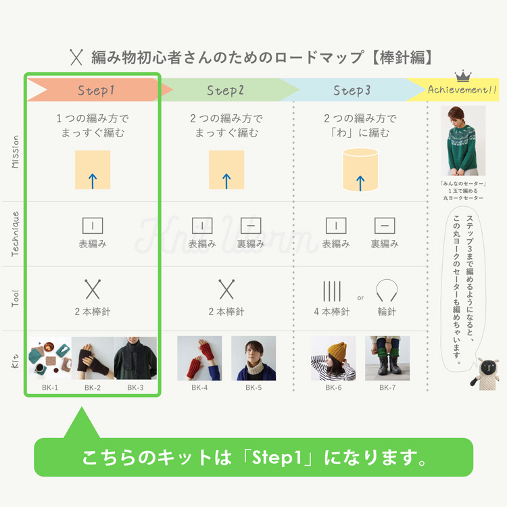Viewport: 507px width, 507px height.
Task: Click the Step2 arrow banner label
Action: click(x=225, y=91)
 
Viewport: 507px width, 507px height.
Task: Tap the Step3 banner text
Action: click(x=352, y=91)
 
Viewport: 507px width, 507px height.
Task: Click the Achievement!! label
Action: click(x=462, y=89)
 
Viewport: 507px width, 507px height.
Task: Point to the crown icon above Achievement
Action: click(x=463, y=76)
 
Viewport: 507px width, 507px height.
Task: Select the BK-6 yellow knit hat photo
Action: click(x=333, y=358)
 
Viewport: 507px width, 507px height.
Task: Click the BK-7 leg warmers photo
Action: click(x=387, y=358)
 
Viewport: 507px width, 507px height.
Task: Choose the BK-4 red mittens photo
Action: click(x=199, y=358)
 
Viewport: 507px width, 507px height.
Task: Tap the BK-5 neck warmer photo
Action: click(x=254, y=358)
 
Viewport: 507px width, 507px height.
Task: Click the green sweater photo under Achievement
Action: click(x=463, y=141)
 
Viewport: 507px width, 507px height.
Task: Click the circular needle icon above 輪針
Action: click(x=387, y=290)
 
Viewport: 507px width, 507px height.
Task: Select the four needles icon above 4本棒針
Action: click(x=332, y=291)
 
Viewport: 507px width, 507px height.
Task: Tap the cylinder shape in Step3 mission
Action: click(x=360, y=170)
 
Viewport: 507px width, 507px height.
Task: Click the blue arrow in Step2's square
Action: click(x=226, y=181)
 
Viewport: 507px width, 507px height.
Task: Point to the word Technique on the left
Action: click(x=15, y=234)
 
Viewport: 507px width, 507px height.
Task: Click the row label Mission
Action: click(x=15, y=151)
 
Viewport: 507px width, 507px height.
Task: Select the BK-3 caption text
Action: click(x=135, y=388)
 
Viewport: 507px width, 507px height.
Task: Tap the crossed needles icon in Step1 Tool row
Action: click(x=93, y=289)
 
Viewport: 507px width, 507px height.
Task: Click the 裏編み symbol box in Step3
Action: click(x=385, y=226)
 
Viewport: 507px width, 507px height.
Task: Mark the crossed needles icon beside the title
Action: click(x=76, y=57)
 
